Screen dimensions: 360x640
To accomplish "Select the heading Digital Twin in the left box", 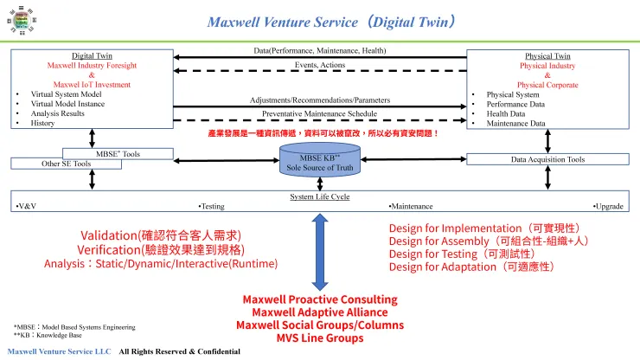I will [x=91, y=56].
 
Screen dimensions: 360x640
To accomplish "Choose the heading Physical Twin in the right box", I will [x=547, y=56].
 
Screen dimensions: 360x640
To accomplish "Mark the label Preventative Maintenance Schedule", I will [x=320, y=113].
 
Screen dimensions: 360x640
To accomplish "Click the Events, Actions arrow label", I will [x=320, y=65].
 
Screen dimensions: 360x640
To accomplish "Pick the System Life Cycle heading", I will [x=320, y=196].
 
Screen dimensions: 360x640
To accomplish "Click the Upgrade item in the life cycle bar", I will [x=608, y=207].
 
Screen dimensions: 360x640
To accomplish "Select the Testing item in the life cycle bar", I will [x=212, y=207].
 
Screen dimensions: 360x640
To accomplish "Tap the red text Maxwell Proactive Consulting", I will [x=320, y=299].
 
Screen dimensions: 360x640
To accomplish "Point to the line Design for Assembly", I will [x=489, y=241].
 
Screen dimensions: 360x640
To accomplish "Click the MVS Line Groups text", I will [x=320, y=337].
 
